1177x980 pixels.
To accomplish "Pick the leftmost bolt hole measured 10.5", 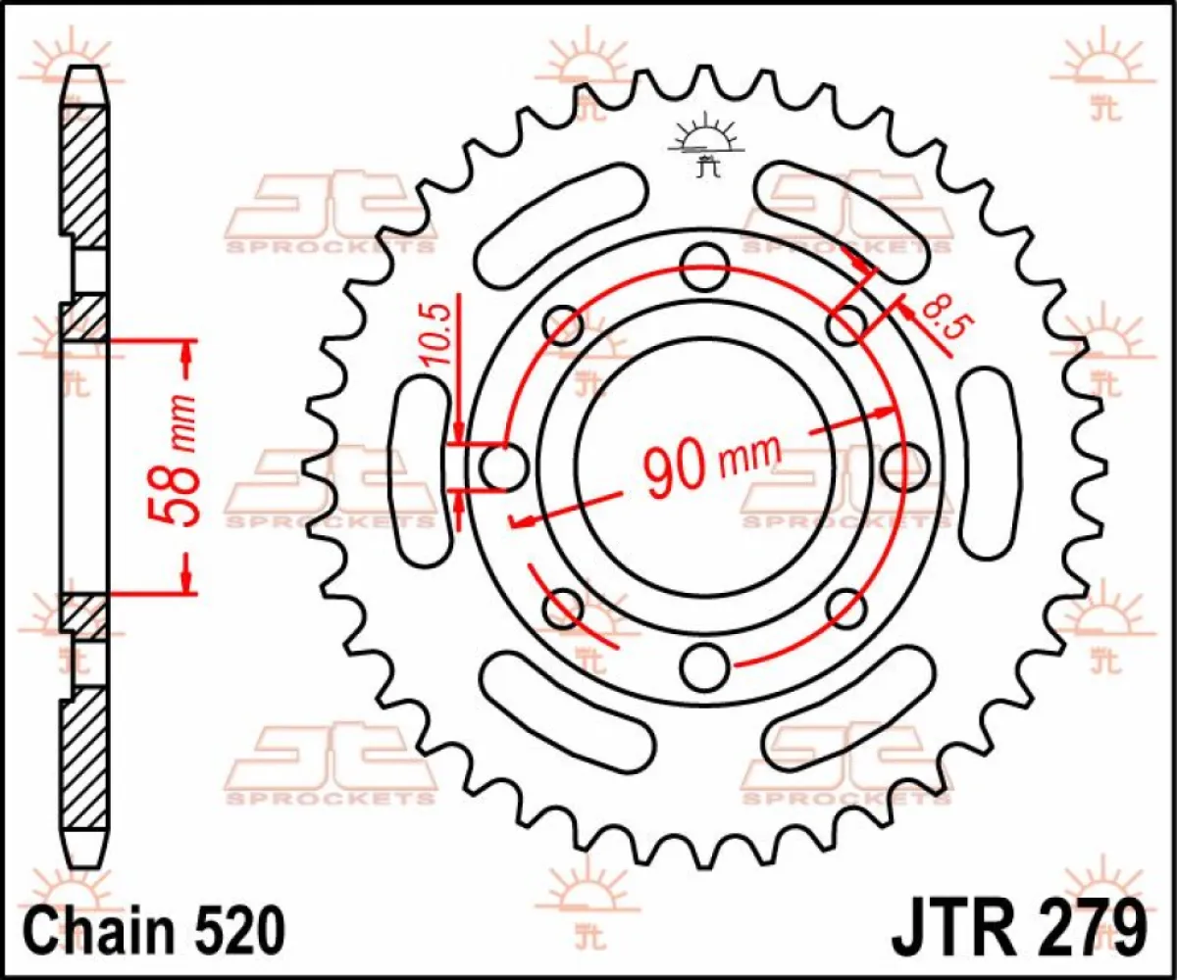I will tap(504, 466).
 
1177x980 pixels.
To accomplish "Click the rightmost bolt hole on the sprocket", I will tap(904, 465).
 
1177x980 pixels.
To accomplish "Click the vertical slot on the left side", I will tap(418, 470).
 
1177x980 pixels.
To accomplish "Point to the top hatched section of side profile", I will tap(85, 176).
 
